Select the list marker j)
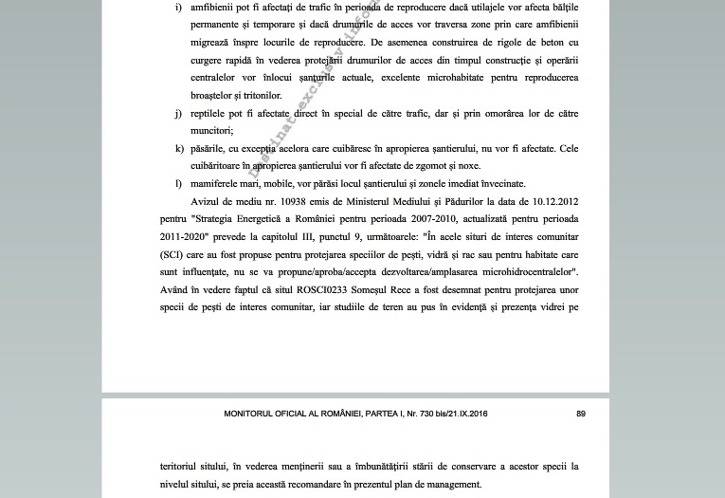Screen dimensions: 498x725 (178, 113)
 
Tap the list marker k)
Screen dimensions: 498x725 (179, 148)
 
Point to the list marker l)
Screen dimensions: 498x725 (178, 183)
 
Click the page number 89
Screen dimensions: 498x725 (581, 415)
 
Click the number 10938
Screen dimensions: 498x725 (310, 201)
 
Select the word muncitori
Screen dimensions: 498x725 (211, 131)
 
